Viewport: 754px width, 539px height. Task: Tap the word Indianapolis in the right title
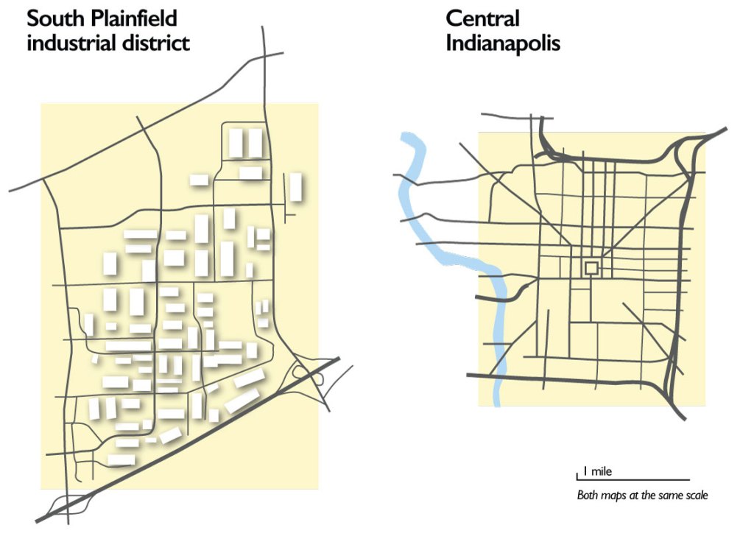[503, 43]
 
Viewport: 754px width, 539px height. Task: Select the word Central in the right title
[482, 18]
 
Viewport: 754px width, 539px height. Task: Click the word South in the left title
[52, 18]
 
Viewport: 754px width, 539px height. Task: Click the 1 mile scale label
[597, 471]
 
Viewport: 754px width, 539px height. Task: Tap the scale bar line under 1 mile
[633, 480]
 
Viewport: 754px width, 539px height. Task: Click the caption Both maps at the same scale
[642, 496]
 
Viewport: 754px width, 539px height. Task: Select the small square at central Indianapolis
[591, 267]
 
